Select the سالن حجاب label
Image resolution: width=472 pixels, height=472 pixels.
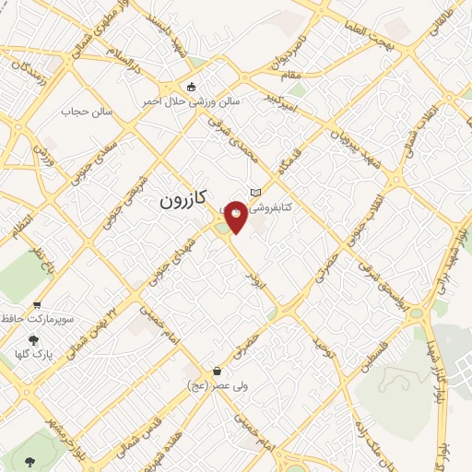(87, 112)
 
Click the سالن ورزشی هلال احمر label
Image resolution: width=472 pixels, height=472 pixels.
(191, 100)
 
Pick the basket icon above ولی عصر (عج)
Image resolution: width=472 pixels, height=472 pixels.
(217, 372)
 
